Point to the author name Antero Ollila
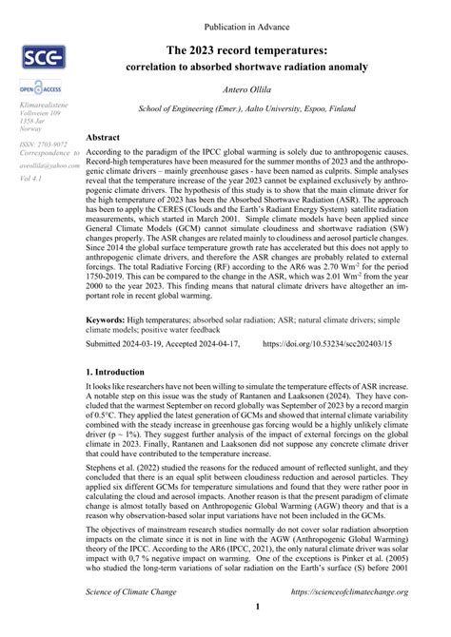click(246, 91)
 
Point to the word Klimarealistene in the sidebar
click(39, 104)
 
